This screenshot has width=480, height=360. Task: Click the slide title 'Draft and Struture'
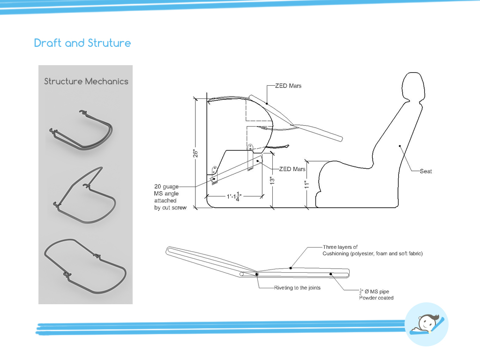82,43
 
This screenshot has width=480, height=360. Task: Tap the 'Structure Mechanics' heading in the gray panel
86,81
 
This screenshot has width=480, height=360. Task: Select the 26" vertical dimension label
199,153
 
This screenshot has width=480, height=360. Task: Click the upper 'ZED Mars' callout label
288,86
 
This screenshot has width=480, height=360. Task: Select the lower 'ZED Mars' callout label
292,169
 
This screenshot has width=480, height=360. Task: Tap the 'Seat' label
426,172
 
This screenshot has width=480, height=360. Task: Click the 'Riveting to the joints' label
297,287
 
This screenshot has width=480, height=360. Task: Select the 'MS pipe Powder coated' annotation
376,294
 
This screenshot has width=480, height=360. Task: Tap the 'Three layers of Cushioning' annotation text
372,250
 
